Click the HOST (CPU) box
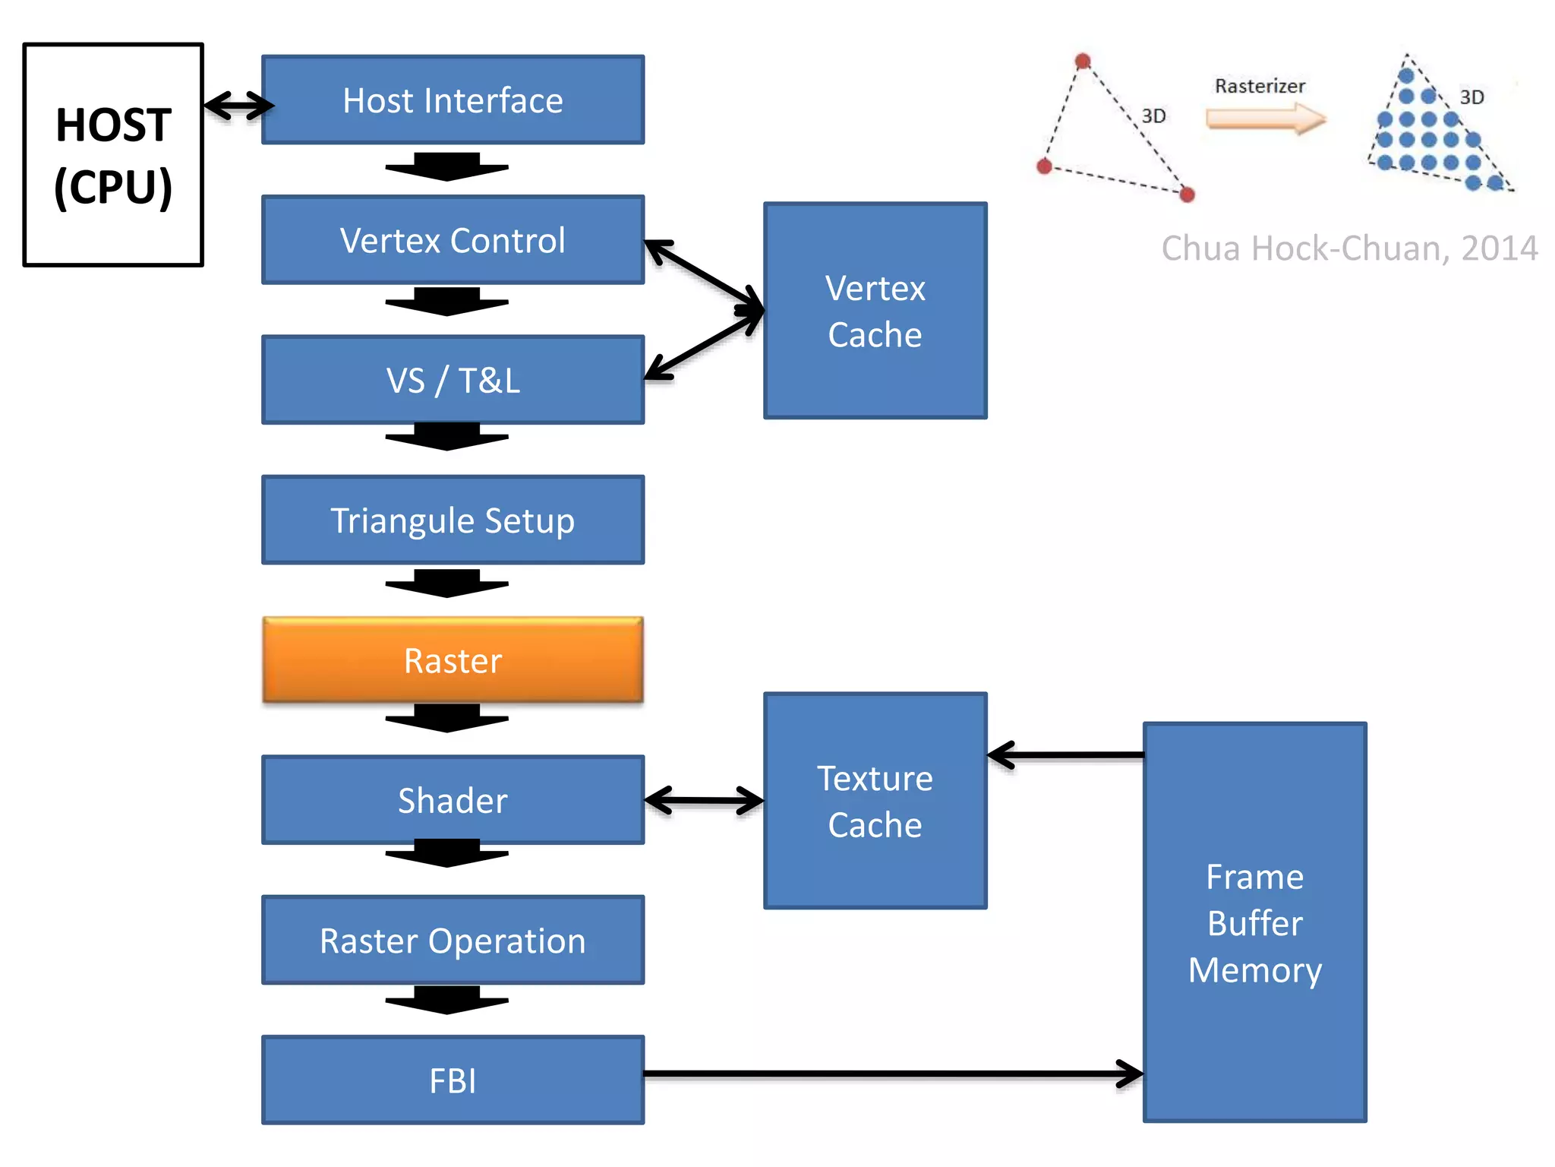click(x=113, y=155)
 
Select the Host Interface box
click(x=453, y=100)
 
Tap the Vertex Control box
click(x=453, y=240)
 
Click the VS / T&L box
click(x=453, y=380)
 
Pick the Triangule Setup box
click(x=453, y=520)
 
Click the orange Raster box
click(x=453, y=660)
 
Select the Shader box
click(x=453, y=800)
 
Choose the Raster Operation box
click(x=453, y=941)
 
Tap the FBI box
click(x=453, y=1080)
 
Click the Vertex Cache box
click(x=875, y=311)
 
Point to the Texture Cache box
click(x=875, y=801)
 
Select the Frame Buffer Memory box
click(x=1254, y=922)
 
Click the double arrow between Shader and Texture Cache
click(x=704, y=801)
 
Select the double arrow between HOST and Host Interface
click(x=238, y=105)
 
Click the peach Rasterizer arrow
click(x=1265, y=119)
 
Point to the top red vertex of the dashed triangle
click(x=1083, y=62)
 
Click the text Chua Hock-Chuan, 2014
click(x=1349, y=248)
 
